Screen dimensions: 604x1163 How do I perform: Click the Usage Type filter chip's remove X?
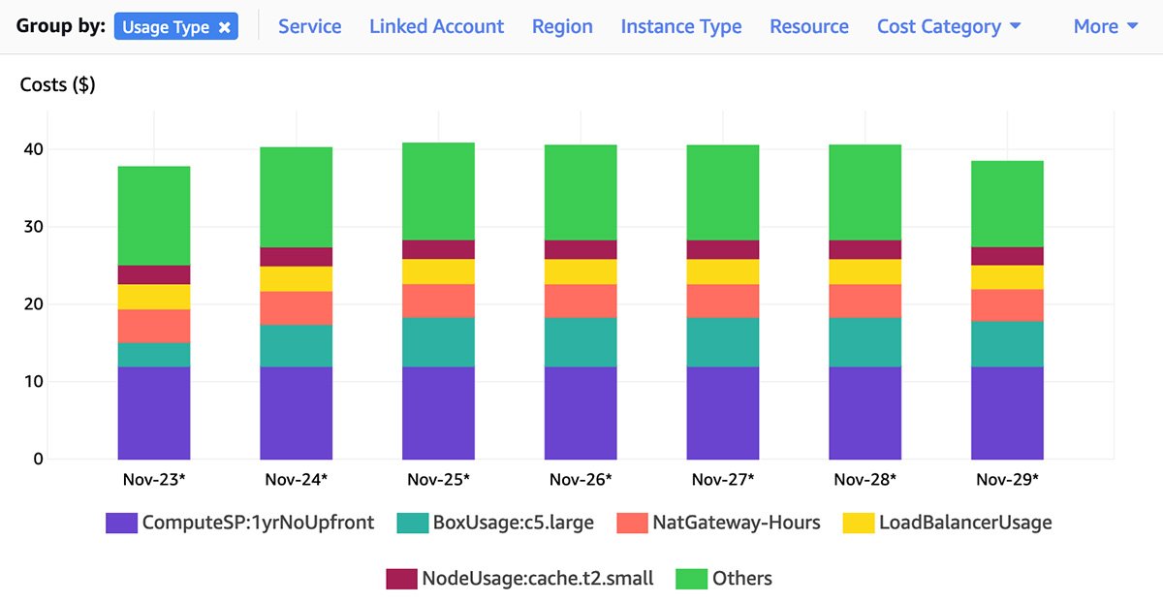(x=224, y=27)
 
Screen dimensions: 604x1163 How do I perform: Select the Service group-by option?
(x=309, y=27)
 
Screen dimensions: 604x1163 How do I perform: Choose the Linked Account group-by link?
(x=436, y=27)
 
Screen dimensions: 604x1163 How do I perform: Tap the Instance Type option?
(x=680, y=27)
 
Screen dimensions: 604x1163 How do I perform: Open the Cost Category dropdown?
(x=948, y=27)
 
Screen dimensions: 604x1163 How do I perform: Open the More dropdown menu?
(x=1105, y=27)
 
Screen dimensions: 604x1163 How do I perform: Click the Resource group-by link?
(x=808, y=27)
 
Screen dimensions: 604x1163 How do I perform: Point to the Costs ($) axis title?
(x=57, y=84)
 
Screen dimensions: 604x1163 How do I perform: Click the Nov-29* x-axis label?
(x=1007, y=479)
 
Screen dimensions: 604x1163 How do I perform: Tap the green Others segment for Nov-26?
(x=581, y=192)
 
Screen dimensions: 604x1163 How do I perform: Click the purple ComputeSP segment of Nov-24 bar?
(x=296, y=412)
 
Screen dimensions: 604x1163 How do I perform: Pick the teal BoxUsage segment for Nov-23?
(x=153, y=355)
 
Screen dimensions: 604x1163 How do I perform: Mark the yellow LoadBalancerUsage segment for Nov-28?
(x=864, y=271)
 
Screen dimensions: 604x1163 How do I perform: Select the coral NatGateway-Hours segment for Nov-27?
(x=723, y=301)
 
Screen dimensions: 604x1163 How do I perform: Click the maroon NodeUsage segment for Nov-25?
(x=438, y=249)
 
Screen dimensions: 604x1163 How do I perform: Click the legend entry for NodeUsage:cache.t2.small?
(x=520, y=579)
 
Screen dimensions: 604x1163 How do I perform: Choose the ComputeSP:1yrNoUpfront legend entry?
(x=240, y=523)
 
